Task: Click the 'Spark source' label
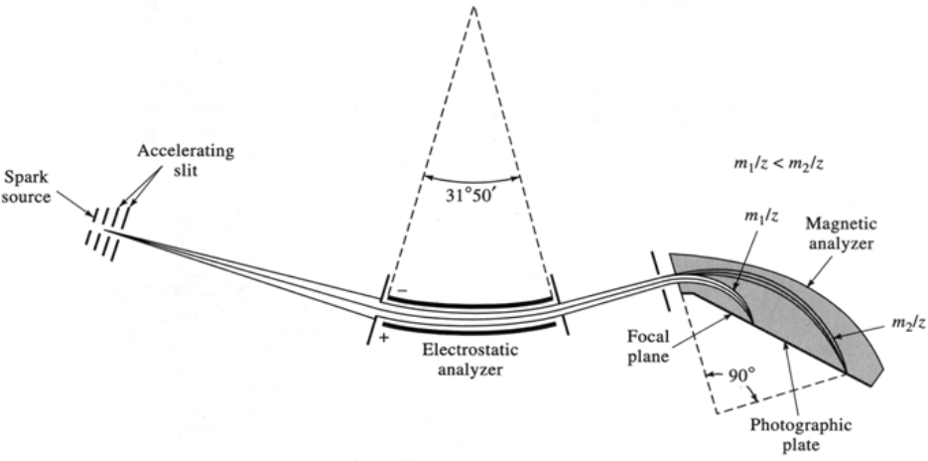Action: tap(26, 186)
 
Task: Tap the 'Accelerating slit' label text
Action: tap(186, 159)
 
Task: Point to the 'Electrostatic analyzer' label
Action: tap(469, 360)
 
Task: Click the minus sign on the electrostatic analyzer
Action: tap(402, 291)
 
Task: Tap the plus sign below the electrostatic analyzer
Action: tap(386, 338)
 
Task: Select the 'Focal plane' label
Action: tap(648, 346)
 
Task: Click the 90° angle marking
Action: tap(742, 376)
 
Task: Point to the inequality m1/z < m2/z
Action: tap(778, 164)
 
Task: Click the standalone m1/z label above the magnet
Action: tap(760, 217)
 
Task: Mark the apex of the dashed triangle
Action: tap(472, 7)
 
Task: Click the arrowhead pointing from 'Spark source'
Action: tap(90, 214)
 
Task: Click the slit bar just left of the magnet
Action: tap(661, 281)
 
